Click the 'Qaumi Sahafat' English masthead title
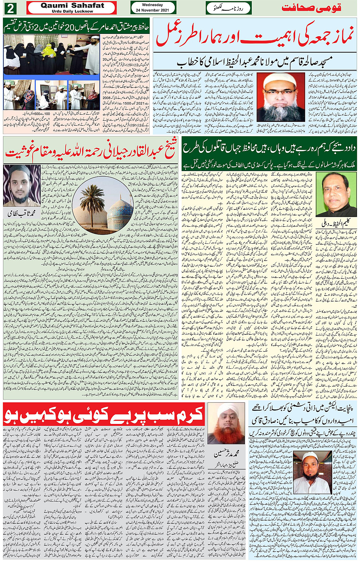point(72,6)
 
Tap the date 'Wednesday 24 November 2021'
point(152,8)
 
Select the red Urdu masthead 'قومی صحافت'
point(311,8)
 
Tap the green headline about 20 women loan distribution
point(76,27)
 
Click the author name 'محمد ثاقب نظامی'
point(22,214)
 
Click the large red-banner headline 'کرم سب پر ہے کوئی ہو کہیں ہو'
point(103,414)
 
